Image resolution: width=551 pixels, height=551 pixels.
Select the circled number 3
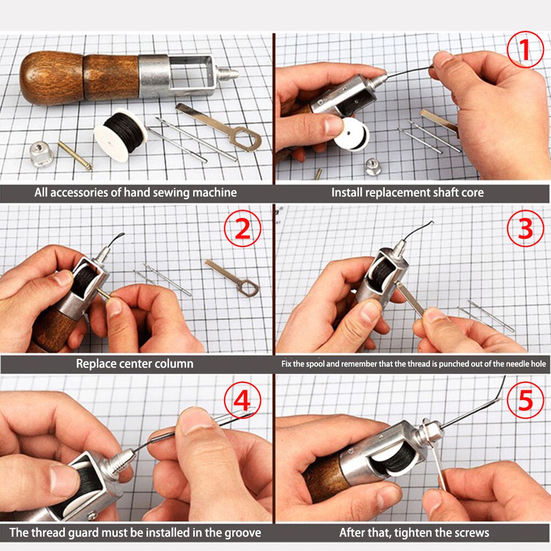tap(525, 229)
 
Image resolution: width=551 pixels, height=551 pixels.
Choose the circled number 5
tap(525, 400)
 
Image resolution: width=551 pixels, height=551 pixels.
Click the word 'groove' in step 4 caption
tap(241, 533)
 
